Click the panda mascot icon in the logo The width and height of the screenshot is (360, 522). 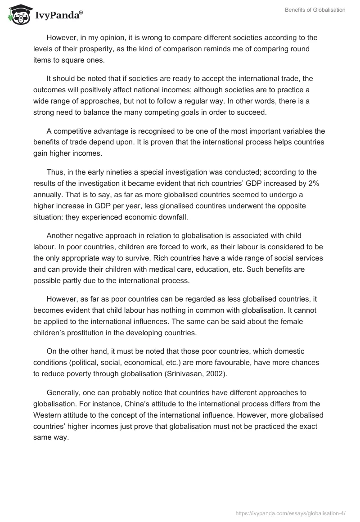17,14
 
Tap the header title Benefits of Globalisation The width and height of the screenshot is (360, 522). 315,10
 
